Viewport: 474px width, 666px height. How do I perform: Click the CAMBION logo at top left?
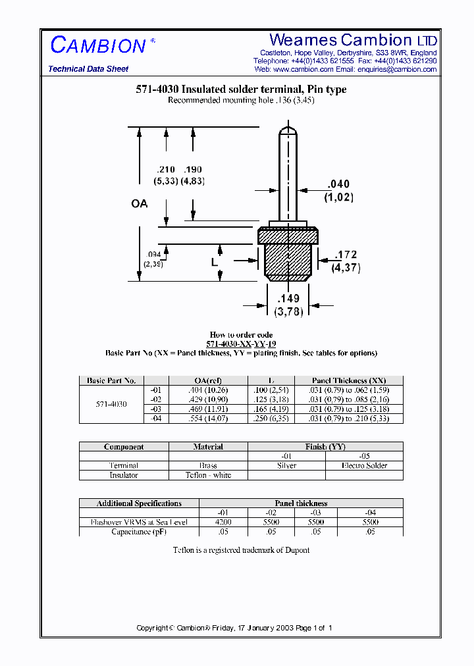coord(99,45)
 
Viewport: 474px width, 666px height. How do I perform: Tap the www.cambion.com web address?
coord(303,69)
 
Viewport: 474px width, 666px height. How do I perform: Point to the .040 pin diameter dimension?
coord(338,184)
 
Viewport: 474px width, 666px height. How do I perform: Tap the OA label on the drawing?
coord(139,204)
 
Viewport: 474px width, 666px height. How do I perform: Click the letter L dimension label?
coord(214,262)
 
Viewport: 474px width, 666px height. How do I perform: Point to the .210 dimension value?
coord(165,170)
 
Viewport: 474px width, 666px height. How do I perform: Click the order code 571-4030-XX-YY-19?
coord(241,344)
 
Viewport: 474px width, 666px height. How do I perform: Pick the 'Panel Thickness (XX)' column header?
coord(349,380)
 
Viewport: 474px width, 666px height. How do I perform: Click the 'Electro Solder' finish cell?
coord(364,465)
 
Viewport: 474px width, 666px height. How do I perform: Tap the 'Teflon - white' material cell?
coord(208,474)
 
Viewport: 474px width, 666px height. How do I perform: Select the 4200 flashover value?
coord(223,522)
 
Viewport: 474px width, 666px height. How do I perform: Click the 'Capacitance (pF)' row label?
coord(139,531)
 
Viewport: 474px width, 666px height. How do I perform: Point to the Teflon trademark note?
coord(241,550)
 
